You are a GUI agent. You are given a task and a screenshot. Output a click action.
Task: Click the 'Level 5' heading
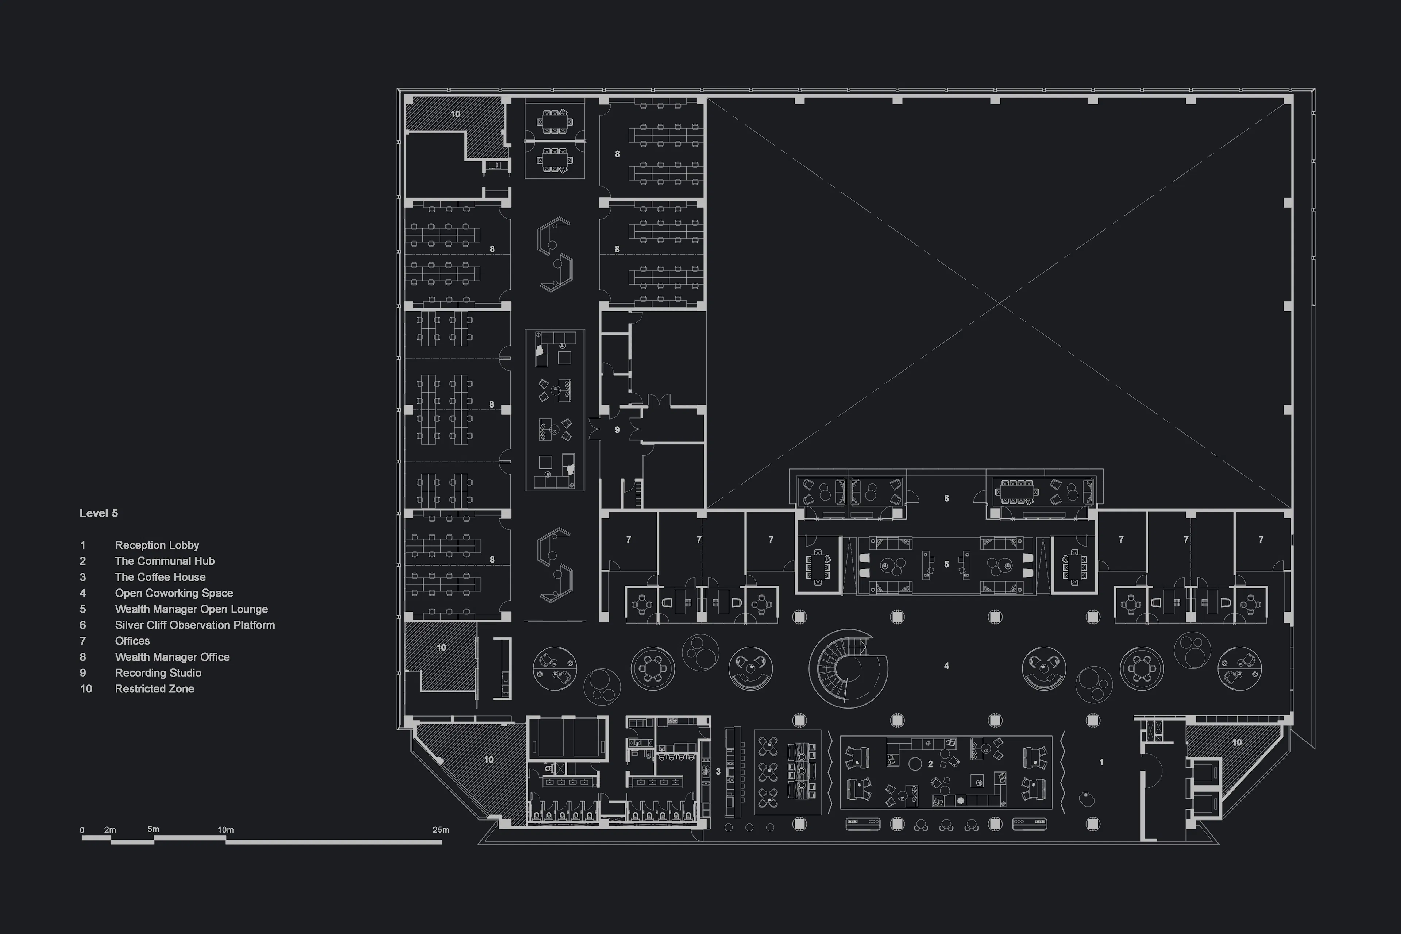[99, 513]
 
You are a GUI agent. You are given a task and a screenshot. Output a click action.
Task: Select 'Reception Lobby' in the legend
[157, 545]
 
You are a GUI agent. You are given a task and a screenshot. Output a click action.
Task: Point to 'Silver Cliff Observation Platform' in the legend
[195, 625]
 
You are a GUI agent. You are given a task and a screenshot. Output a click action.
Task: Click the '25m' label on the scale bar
[441, 830]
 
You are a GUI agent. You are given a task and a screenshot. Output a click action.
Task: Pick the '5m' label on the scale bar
[153, 829]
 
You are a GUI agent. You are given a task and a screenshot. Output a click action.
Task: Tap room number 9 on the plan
[617, 429]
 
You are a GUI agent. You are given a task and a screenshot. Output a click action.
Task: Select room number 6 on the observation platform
[946, 498]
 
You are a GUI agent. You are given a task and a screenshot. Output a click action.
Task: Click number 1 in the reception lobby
[1101, 762]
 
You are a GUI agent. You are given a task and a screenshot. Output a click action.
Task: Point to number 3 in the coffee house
[718, 771]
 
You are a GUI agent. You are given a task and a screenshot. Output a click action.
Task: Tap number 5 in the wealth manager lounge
[946, 564]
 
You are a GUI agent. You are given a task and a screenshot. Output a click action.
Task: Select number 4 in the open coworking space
[946, 665]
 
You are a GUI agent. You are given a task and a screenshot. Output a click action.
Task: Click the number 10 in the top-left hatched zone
[455, 114]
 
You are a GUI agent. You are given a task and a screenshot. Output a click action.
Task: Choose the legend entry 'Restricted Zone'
[154, 688]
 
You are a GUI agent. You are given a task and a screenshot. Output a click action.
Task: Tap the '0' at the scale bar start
[82, 830]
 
